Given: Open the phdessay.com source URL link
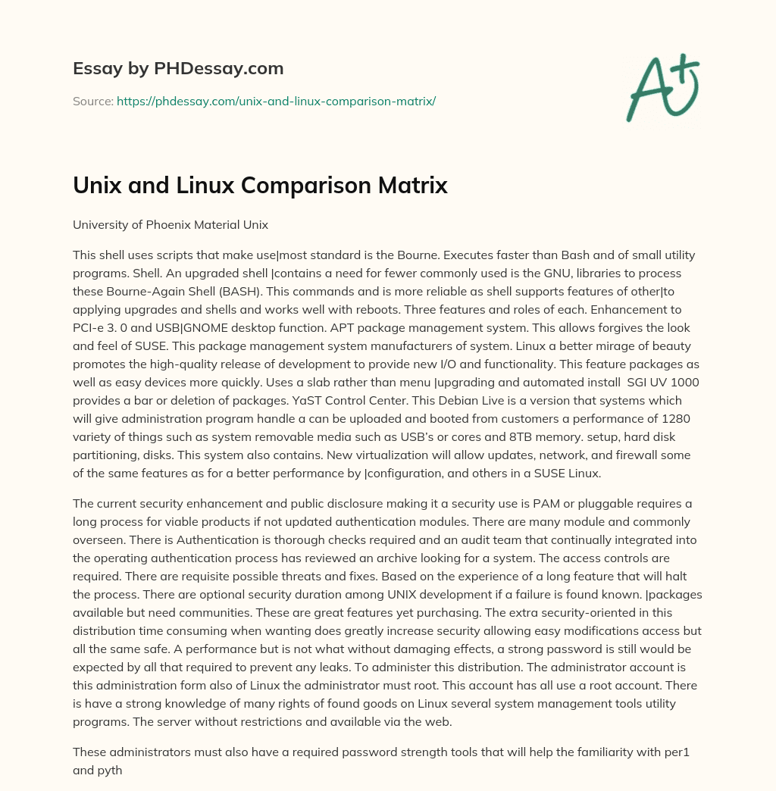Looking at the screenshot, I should pos(276,101).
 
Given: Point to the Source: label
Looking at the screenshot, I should pos(93,101).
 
